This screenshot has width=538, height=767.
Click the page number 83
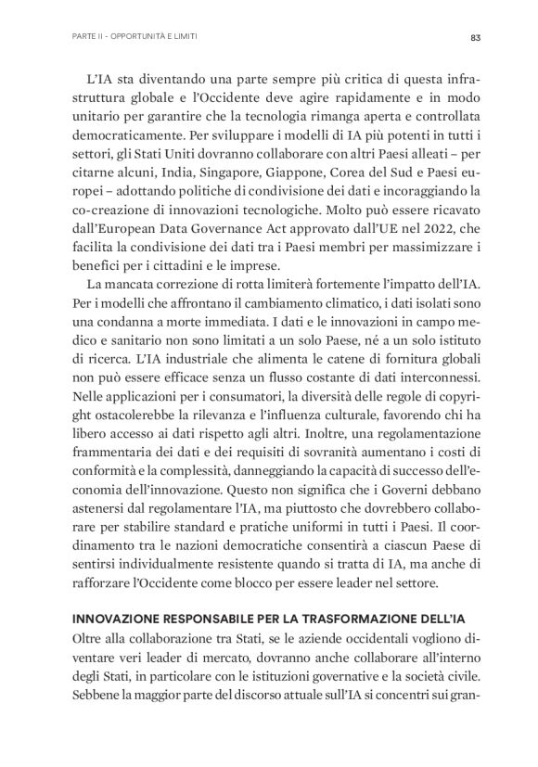point(473,38)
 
